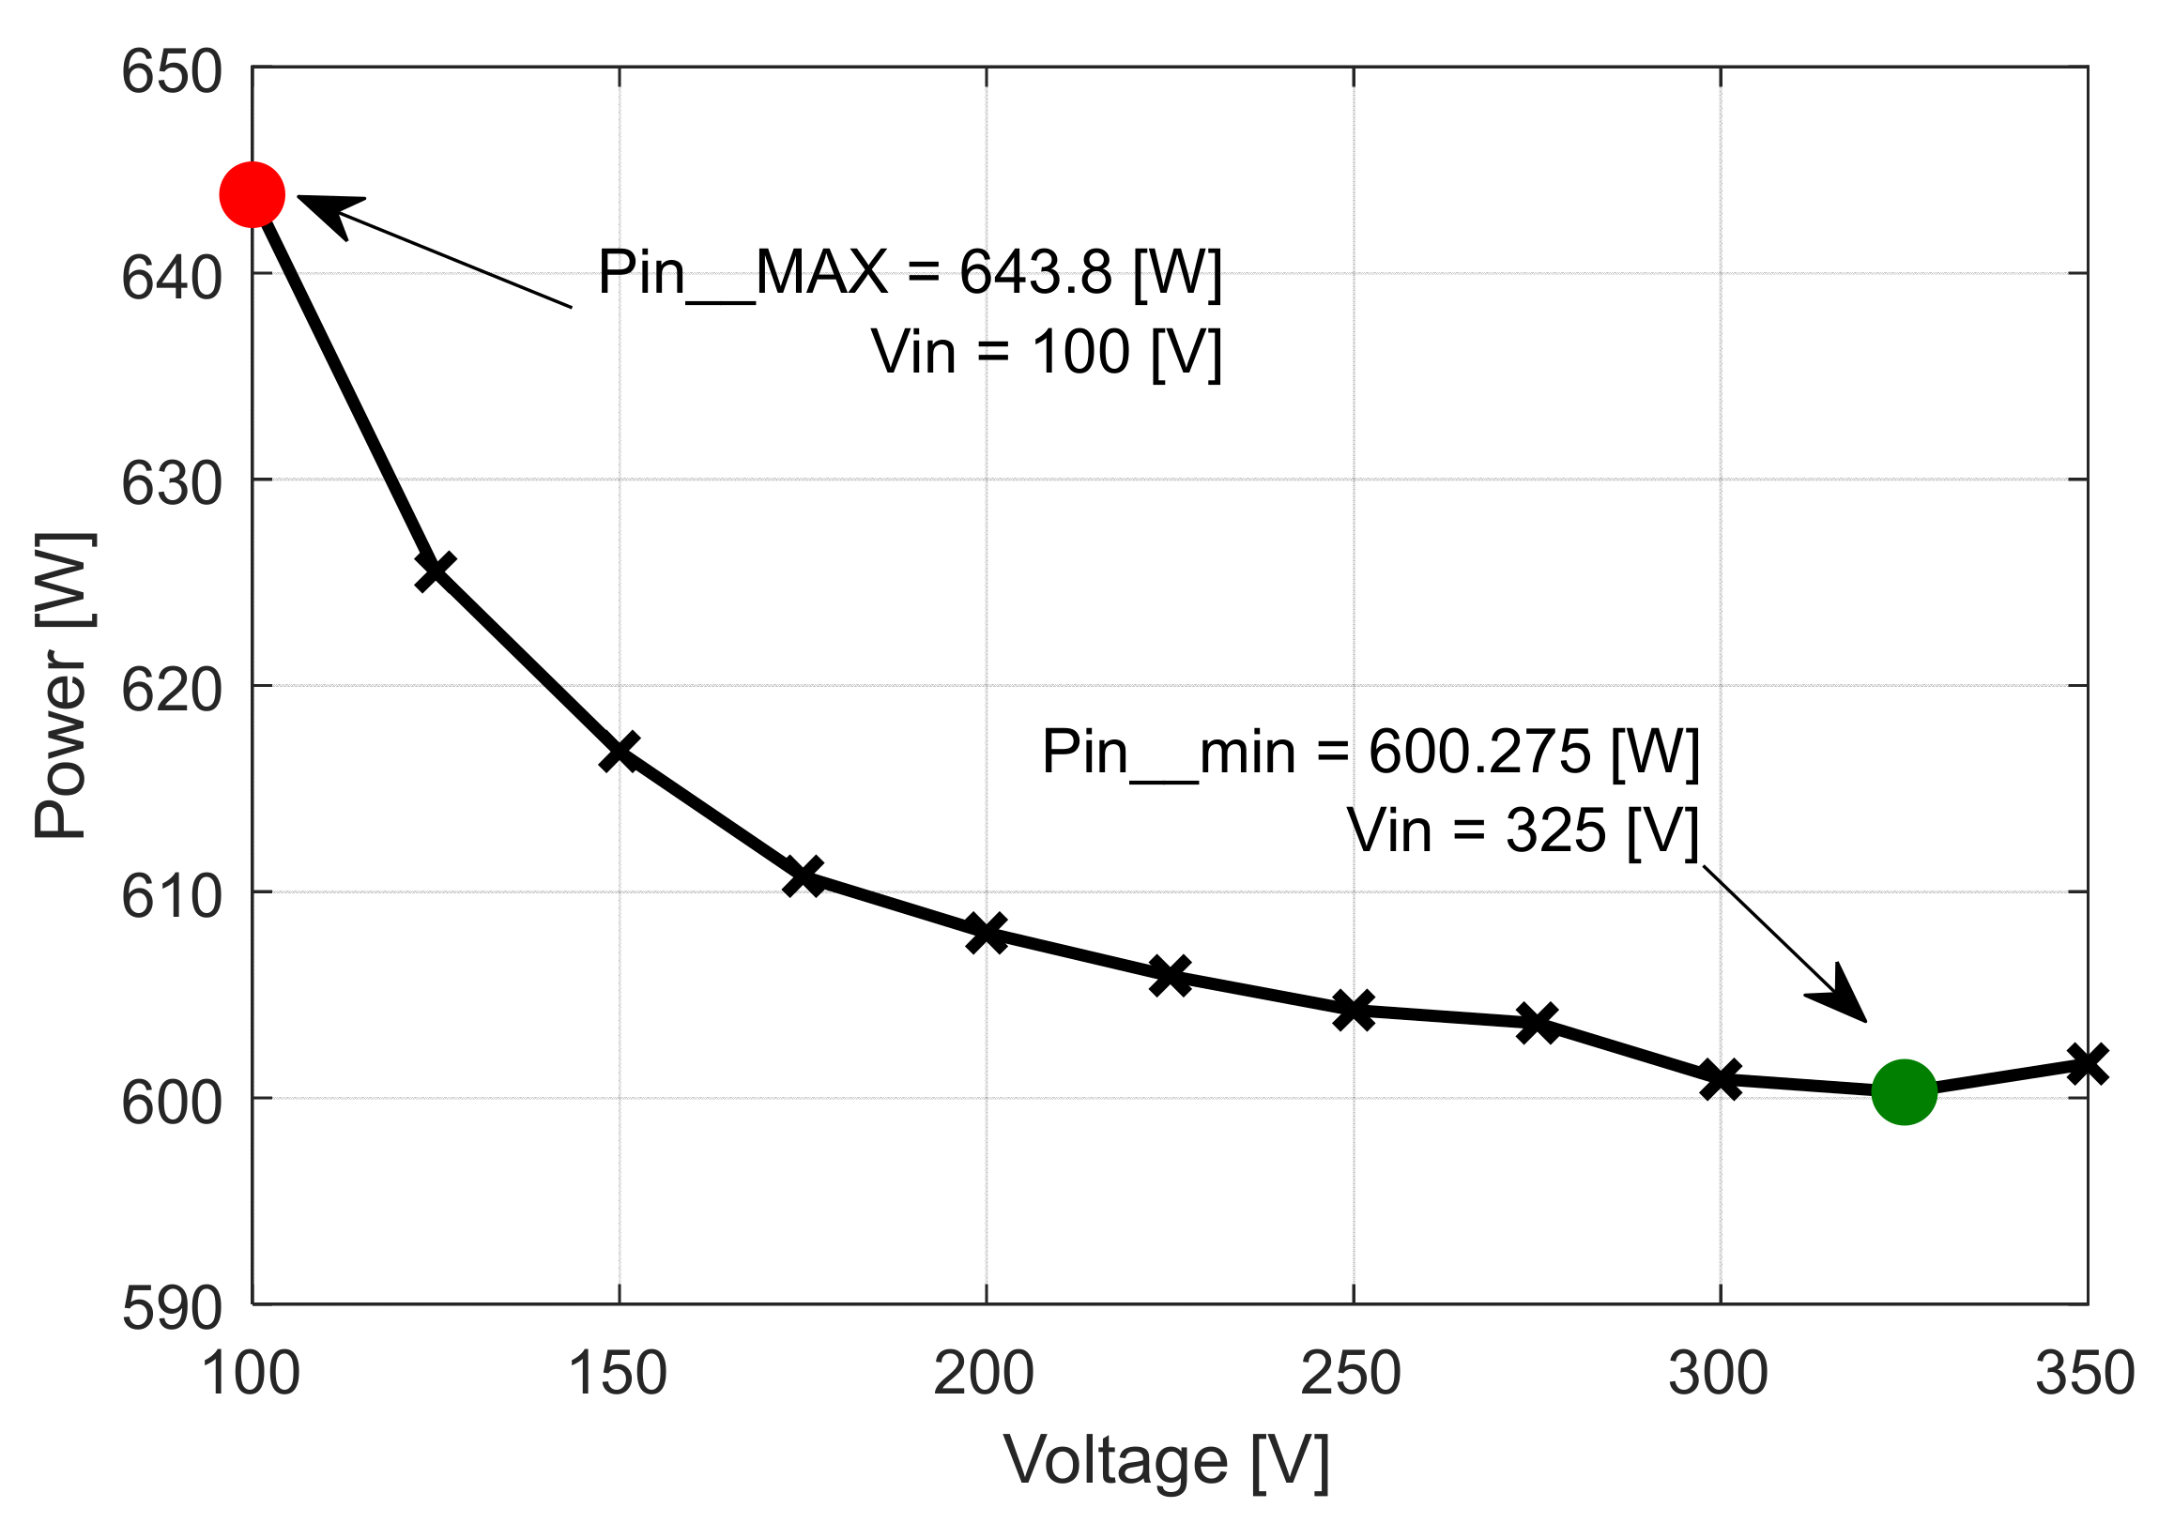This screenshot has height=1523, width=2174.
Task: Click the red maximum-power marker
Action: tap(252, 195)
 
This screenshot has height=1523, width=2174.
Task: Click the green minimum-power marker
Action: tap(1905, 1091)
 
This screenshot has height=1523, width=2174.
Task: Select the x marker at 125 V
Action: tap(436, 571)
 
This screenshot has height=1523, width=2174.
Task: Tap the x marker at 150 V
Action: tap(620, 752)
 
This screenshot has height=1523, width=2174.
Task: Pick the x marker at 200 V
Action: tap(987, 934)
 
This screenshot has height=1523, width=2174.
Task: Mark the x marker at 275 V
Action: tap(1537, 1023)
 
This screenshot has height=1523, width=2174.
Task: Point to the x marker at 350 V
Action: tap(2087, 1065)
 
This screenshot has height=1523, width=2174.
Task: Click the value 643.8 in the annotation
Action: tap(1035, 273)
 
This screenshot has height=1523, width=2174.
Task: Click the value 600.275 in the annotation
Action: tap(1479, 753)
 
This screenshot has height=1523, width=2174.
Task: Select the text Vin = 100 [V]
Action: tap(1047, 352)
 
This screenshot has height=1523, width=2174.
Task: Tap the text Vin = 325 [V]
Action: tap(1523, 831)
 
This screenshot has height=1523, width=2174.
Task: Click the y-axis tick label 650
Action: tap(172, 72)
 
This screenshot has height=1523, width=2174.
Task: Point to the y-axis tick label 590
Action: tap(172, 1310)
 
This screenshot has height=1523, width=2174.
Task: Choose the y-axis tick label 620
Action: tap(172, 691)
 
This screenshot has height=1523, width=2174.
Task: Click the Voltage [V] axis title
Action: tap(1167, 1461)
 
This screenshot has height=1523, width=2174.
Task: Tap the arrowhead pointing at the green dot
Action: tap(1841, 998)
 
